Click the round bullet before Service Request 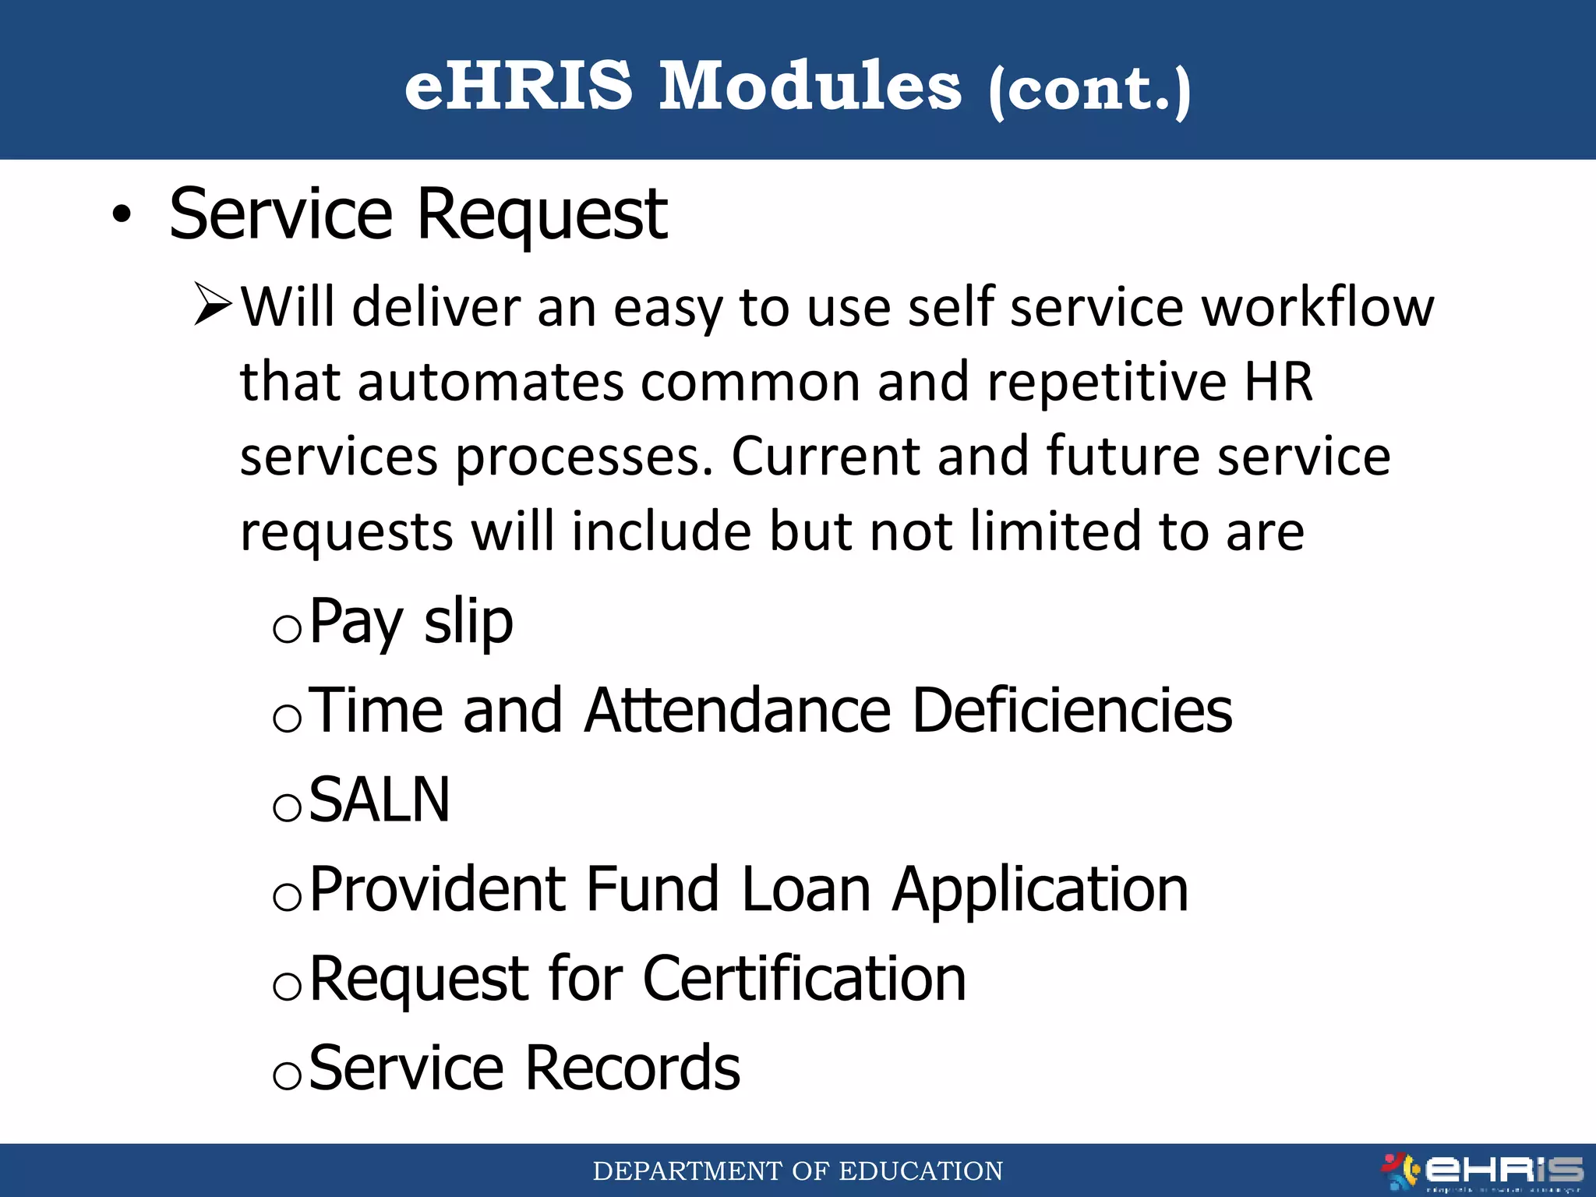pos(122,215)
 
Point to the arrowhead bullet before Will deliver pos(213,305)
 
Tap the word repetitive pos(1107,383)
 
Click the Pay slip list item pos(411,622)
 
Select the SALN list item pos(380,800)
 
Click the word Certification pos(804,979)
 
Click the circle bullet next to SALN pos(287,808)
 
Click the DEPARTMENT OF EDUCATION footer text pos(797,1171)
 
